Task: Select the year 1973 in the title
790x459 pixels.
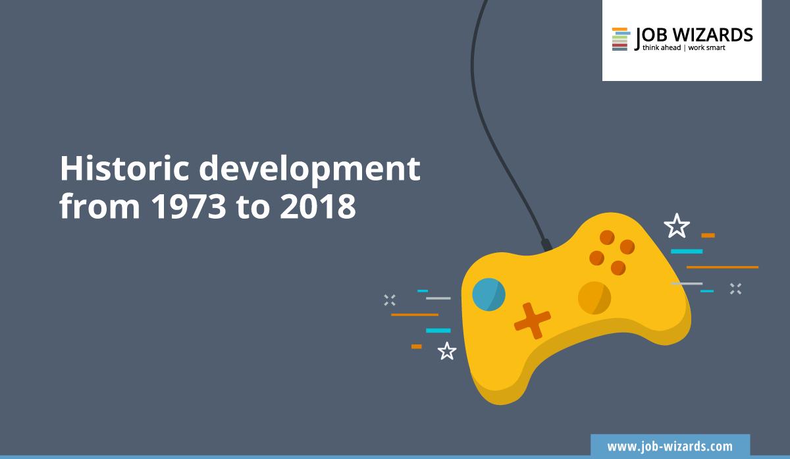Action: coord(192,207)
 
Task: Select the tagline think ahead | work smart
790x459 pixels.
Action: coord(683,48)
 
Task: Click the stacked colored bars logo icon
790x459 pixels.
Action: coord(619,39)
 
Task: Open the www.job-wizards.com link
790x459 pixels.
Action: coord(670,446)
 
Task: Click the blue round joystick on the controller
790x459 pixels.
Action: coord(488,294)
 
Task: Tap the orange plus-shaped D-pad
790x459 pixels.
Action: coord(532,320)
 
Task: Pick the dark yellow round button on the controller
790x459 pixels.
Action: coord(594,297)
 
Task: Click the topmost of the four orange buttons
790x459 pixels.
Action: coord(607,236)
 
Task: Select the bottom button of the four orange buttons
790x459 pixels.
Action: coord(618,267)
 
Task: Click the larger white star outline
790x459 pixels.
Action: coord(676,227)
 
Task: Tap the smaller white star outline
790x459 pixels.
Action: coord(447,351)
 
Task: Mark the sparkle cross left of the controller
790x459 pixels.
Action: coord(390,300)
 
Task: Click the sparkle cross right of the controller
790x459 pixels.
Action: coord(735,288)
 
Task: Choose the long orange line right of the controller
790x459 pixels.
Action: coord(722,267)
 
